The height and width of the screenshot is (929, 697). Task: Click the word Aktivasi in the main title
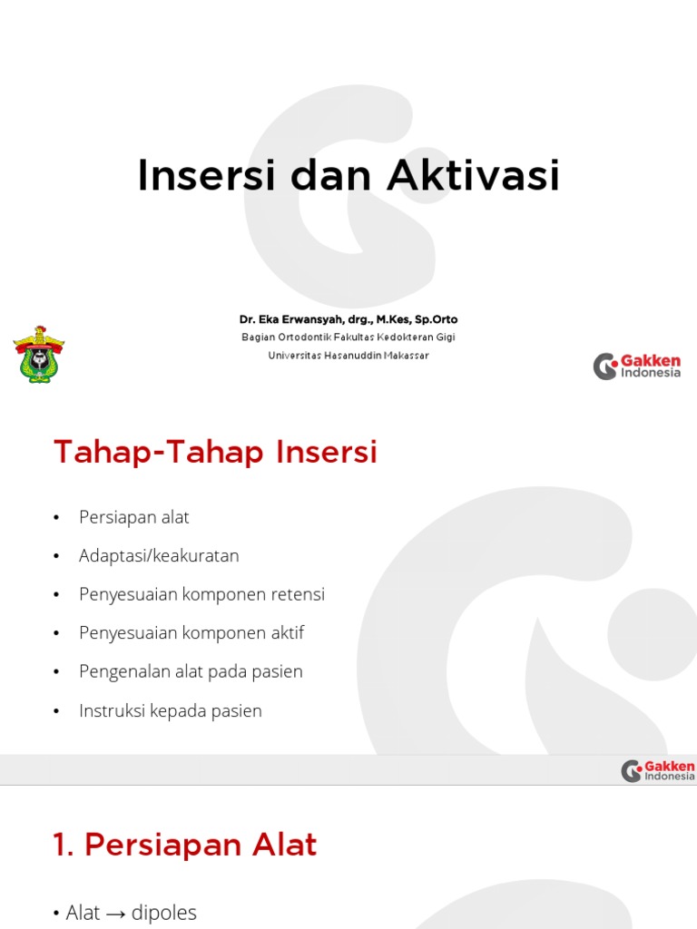pos(473,176)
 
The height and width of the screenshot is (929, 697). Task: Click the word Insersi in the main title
pos(205,176)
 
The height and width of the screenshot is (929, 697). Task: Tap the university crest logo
pos(38,354)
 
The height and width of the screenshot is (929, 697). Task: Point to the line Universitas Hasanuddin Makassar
pos(348,355)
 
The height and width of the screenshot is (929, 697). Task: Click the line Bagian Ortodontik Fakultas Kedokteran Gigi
pos(348,337)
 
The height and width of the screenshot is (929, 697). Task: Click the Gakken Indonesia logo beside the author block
pos(637,367)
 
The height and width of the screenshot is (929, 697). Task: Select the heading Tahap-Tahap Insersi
pos(215,452)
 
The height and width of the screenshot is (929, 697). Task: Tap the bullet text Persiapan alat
pos(134,517)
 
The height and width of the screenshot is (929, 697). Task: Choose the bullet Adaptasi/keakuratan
pos(159,555)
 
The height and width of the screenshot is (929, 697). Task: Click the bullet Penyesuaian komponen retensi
pos(201,594)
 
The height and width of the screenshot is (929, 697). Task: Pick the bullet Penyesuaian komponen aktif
pos(191,632)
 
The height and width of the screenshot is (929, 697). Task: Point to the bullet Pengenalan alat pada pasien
pos(191,671)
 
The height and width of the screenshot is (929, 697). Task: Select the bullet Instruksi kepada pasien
pos(171,710)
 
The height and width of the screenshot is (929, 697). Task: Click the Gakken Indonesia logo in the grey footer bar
pos(658,771)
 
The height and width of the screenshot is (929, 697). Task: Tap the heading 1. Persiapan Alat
pos(185,845)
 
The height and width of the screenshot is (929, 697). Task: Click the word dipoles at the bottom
pos(164,913)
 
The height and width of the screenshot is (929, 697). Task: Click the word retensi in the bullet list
pos(298,594)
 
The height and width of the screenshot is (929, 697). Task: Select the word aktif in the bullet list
pos(287,632)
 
